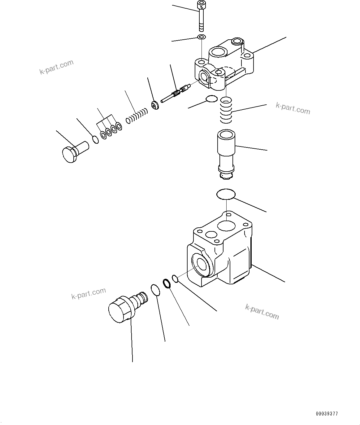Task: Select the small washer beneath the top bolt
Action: (202, 37)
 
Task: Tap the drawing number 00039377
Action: (327, 413)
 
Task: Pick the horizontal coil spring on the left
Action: (137, 115)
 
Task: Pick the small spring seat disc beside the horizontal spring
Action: (155, 105)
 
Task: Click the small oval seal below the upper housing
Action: (211, 99)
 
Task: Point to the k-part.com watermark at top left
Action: (56, 67)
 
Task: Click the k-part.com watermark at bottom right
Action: (262, 311)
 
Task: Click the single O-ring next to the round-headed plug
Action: (96, 140)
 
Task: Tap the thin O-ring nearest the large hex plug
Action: (155, 290)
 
